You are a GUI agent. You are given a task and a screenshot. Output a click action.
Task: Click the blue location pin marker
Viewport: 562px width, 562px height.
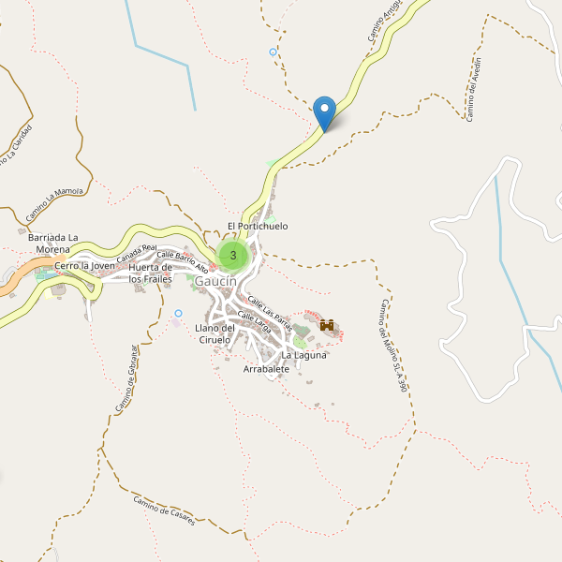click(x=325, y=113)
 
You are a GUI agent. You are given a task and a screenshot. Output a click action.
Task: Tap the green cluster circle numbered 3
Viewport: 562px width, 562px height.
click(x=232, y=255)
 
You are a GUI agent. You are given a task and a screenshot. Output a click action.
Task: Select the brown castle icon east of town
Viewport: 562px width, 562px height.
click(x=328, y=325)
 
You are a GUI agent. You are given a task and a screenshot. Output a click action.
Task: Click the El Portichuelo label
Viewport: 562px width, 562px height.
click(x=257, y=227)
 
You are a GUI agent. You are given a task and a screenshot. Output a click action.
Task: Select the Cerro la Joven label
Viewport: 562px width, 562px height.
click(x=84, y=266)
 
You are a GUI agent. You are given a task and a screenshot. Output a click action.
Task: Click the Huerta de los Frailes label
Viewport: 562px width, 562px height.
click(x=151, y=273)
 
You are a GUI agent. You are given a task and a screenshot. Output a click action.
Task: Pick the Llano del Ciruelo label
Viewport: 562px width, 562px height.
click(x=214, y=333)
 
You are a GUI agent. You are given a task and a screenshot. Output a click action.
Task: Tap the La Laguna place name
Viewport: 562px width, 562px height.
click(x=303, y=355)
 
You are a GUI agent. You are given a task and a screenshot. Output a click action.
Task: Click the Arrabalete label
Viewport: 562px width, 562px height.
click(x=266, y=370)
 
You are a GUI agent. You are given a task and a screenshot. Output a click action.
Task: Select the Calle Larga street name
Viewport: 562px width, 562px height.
click(x=255, y=323)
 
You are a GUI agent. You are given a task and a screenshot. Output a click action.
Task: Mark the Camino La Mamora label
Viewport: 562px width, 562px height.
click(x=54, y=204)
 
